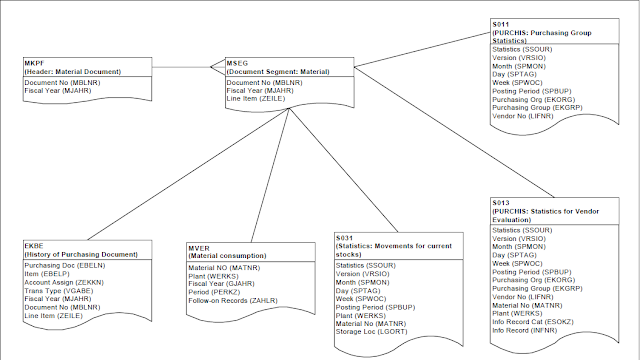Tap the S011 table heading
(x=502, y=23)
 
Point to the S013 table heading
(x=502, y=203)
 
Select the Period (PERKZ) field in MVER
(x=213, y=289)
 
